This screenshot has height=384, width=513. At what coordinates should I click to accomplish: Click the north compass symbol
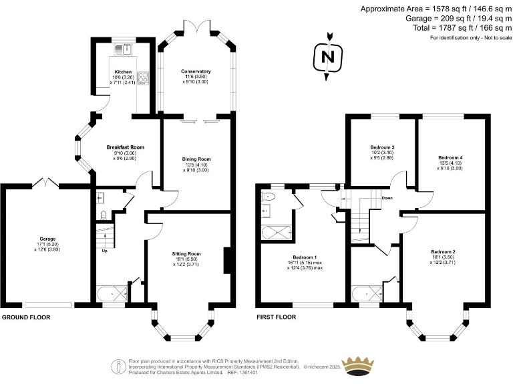click(328, 57)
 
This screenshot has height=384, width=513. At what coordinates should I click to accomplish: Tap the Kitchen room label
click(123, 72)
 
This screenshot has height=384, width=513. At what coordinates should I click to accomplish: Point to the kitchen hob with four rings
click(143, 76)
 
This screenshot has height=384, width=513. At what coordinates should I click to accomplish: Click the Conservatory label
click(196, 71)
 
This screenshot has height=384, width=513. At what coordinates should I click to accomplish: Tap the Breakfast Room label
click(125, 147)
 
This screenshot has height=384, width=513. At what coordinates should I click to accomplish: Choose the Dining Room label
click(196, 159)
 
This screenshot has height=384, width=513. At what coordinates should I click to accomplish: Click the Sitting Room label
click(187, 254)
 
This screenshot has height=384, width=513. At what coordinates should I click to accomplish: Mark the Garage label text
click(47, 239)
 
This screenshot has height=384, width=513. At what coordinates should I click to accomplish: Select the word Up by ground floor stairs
click(104, 251)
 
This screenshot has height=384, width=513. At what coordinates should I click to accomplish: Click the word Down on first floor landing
click(387, 198)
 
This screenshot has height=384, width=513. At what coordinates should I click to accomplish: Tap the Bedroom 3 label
click(383, 147)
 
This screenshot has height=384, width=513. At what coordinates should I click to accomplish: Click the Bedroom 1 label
click(305, 257)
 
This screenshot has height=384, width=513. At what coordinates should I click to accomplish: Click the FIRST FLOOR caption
click(276, 317)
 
